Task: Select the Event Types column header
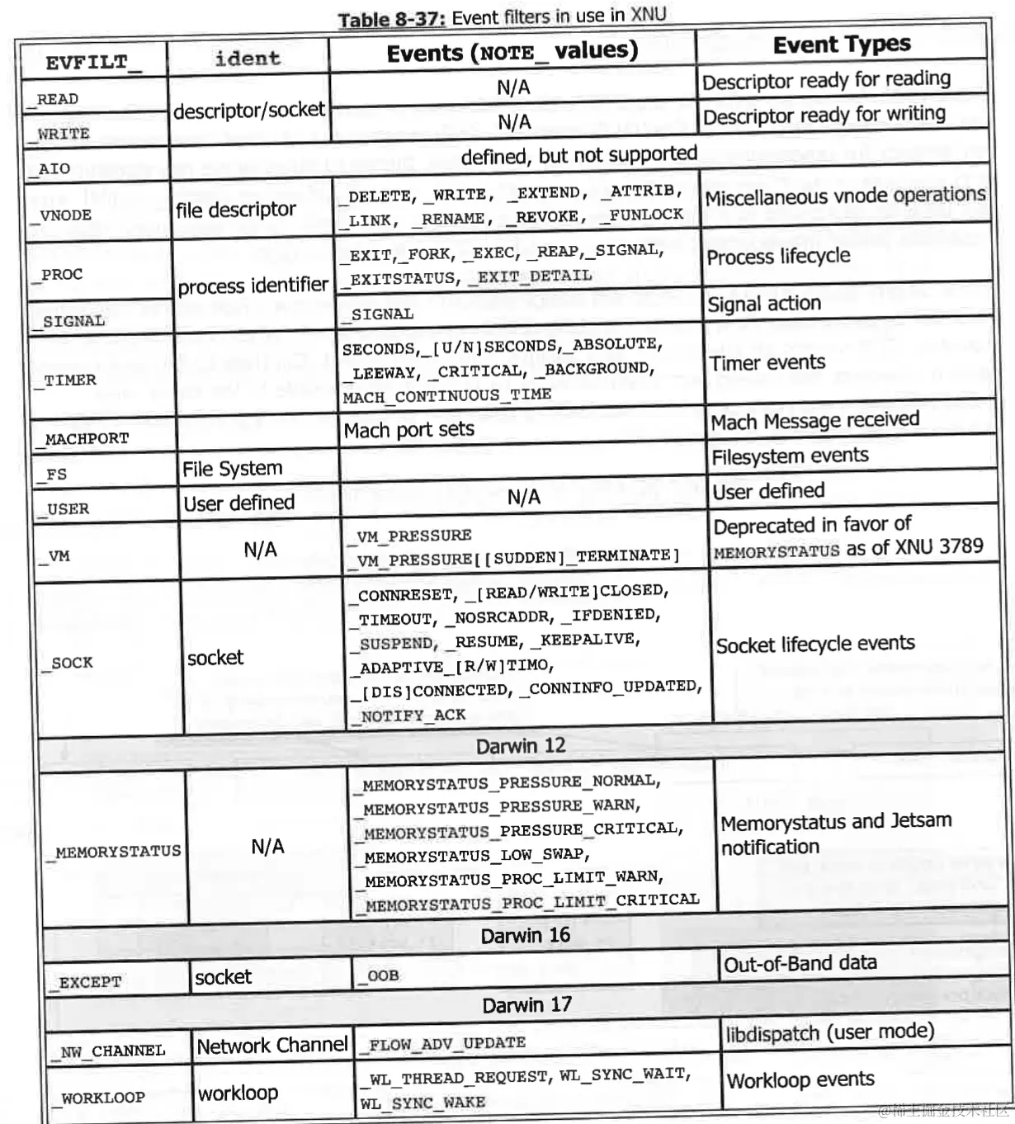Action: pos(842,45)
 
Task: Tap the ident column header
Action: pos(248,59)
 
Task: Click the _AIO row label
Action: pos(54,169)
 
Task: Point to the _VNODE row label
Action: pos(65,215)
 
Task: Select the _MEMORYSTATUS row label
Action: pos(118,851)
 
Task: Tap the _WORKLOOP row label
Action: pos(102,1098)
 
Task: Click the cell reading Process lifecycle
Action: pos(778,257)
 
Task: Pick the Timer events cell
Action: pos(767,363)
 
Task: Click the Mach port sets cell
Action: pos(409,430)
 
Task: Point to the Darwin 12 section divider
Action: pos(521,746)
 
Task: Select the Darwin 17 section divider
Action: pos(526,1005)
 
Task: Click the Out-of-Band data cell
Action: pos(800,963)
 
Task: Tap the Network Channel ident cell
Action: pos(272,1046)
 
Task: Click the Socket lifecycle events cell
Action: pos(815,645)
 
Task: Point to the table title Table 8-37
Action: pos(502,17)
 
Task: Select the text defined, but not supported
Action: pos(578,155)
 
